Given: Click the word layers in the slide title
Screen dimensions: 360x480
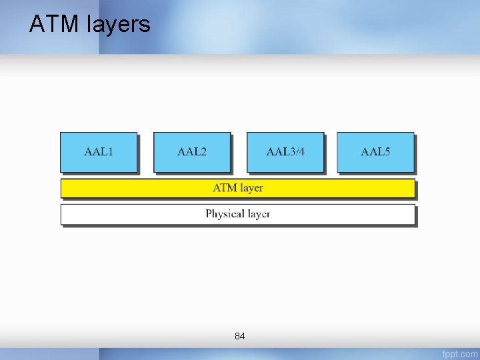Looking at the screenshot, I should (x=118, y=25).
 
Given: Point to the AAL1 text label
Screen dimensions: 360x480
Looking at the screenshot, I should (x=99, y=152).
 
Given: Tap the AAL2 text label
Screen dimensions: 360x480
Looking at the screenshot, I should (x=192, y=152).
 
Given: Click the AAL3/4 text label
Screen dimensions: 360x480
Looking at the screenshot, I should (x=285, y=152).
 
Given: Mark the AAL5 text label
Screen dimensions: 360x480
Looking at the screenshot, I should (x=375, y=152).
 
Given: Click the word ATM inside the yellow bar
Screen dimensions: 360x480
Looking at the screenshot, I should (x=225, y=188).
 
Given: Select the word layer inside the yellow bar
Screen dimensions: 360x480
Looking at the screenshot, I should (x=251, y=188).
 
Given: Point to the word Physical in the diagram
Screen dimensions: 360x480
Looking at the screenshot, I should (x=223, y=214).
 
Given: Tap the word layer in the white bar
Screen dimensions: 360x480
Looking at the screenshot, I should (x=257, y=214).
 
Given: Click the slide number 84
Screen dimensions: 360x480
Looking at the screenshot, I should (x=240, y=337).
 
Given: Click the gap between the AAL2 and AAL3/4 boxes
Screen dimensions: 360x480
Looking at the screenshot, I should (x=239, y=152).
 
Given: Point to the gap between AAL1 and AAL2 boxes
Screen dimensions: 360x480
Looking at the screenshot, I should (x=145, y=152).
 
